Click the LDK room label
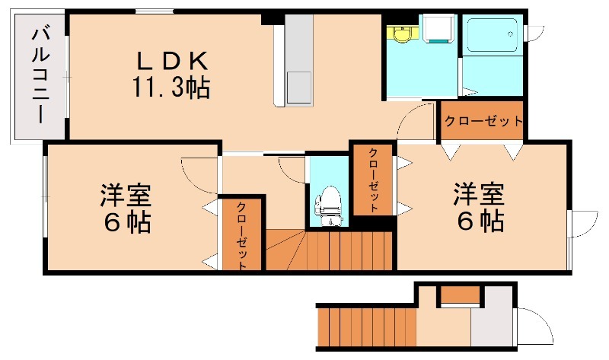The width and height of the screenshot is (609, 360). [x=172, y=62]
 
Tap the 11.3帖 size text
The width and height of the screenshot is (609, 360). [x=171, y=87]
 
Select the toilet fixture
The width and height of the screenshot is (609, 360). [x=329, y=205]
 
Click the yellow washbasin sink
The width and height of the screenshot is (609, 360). [x=402, y=33]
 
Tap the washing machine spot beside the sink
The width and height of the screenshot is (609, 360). [x=438, y=29]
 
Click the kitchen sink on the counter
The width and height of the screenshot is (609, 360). [x=298, y=88]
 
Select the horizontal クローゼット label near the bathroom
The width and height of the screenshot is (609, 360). [x=483, y=121]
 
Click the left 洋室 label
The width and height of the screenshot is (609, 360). [x=126, y=195]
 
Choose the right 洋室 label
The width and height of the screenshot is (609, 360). [x=480, y=193]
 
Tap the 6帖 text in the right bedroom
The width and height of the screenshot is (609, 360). [x=480, y=221]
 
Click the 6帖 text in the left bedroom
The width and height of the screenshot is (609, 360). [x=126, y=222]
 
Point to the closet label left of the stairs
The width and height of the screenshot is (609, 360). [x=241, y=235]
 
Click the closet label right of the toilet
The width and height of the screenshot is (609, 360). [x=373, y=180]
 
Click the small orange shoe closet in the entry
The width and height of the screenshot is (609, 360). [x=461, y=294]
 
